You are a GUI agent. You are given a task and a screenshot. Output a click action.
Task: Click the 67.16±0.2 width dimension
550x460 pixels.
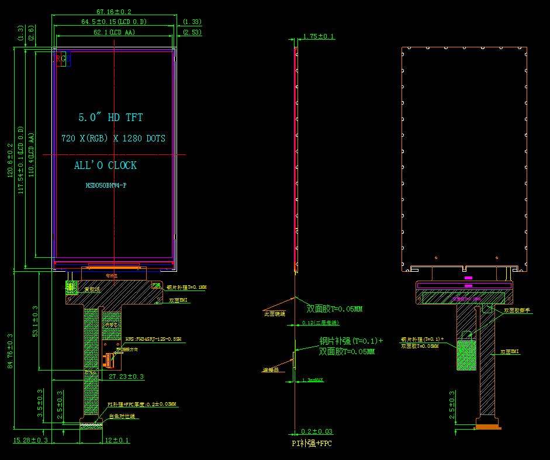(x=113, y=11)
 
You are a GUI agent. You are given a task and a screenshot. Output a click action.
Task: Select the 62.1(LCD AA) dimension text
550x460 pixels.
(x=114, y=32)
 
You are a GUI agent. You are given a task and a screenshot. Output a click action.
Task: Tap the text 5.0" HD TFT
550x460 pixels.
(x=110, y=117)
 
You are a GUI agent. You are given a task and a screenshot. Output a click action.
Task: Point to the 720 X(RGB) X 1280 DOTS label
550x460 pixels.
(x=113, y=139)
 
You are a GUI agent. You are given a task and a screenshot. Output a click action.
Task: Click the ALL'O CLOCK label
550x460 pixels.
(x=105, y=165)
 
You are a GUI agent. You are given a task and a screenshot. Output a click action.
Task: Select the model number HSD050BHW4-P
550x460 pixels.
(x=106, y=185)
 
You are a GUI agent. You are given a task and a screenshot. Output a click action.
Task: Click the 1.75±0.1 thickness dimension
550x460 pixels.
(x=319, y=36)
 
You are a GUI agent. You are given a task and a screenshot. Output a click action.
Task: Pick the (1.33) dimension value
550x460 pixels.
(x=192, y=22)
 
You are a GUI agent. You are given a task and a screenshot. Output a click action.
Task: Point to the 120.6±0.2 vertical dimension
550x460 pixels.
(x=9, y=162)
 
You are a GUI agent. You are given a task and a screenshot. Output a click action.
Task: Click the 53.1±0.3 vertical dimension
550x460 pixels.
(x=35, y=321)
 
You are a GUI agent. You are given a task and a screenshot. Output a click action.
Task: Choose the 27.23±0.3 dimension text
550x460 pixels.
(x=126, y=377)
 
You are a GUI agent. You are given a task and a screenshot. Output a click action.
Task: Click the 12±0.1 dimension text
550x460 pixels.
(x=117, y=440)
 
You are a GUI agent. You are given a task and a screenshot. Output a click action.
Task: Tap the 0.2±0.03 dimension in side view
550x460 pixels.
(x=317, y=431)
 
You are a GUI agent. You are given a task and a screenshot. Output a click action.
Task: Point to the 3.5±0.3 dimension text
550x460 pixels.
(x=40, y=403)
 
